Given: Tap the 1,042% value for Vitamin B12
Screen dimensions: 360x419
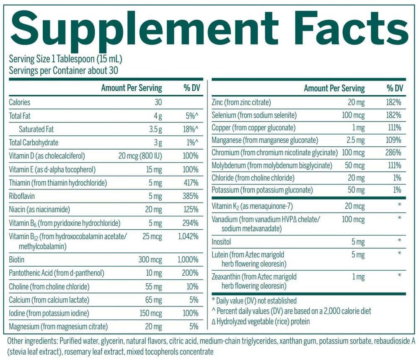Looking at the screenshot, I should click(x=188, y=236).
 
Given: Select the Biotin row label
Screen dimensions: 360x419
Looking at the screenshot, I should click(x=16, y=260).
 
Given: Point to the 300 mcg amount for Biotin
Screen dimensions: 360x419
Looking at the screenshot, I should click(x=150, y=260).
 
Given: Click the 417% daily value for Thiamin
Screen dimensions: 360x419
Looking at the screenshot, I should click(x=191, y=183).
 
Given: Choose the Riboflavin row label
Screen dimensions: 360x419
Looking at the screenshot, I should click(x=22, y=196).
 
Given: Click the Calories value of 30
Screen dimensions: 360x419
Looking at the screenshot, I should click(x=158, y=102).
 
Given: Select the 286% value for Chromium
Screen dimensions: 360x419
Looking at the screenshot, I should click(x=394, y=153).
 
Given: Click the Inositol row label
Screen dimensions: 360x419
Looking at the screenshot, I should click(x=222, y=241).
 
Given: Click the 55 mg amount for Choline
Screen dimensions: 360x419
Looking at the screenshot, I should click(x=153, y=287).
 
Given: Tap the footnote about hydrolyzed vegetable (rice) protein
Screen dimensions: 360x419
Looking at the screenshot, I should click(x=261, y=321).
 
